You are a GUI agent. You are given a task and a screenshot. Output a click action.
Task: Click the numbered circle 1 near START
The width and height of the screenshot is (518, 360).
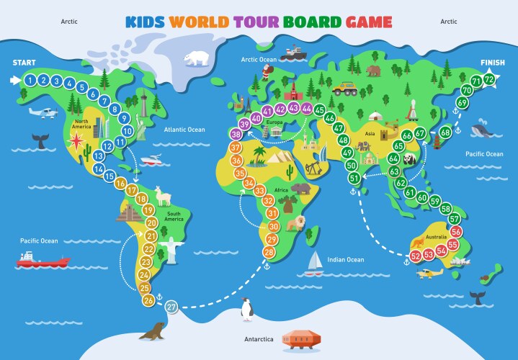[x=30, y=80]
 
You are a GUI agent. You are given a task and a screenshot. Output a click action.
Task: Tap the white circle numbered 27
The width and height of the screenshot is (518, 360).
[x=171, y=307]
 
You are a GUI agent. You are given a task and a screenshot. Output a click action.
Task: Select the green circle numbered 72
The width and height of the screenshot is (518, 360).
[x=489, y=78]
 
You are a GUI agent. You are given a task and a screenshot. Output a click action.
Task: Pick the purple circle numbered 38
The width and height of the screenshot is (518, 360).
[x=236, y=135]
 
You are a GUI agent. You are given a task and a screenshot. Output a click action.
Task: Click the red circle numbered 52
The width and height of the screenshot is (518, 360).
[x=416, y=256]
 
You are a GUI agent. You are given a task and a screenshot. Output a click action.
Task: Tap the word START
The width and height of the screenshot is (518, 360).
[x=24, y=63]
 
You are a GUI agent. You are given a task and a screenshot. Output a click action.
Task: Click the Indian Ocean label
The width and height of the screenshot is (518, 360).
[x=345, y=259]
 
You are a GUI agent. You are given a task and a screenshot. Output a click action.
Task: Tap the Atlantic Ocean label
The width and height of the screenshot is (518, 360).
[x=184, y=130]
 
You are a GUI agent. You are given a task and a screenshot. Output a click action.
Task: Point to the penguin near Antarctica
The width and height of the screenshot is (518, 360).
[x=246, y=308]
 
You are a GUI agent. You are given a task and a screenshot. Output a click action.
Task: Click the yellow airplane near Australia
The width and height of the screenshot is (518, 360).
[x=431, y=273]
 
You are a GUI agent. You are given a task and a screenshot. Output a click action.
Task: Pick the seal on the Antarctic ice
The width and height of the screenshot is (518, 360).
[x=153, y=331]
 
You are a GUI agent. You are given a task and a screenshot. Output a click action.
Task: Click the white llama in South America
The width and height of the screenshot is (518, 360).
[x=165, y=195]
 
